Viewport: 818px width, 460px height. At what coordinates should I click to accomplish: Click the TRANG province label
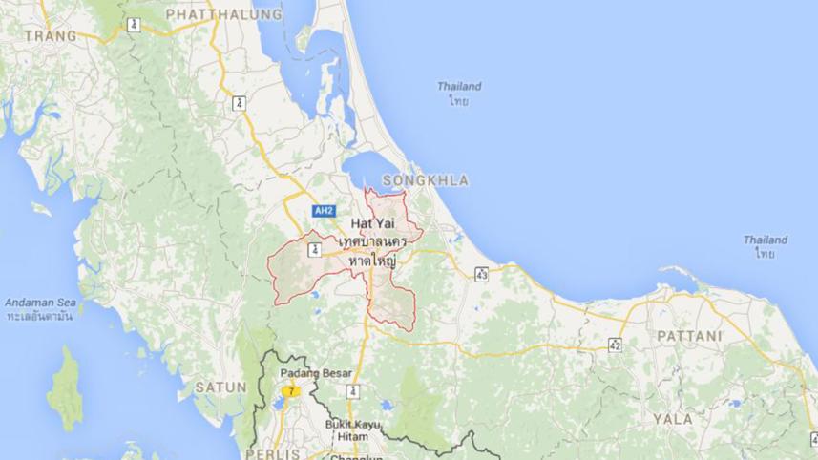(50, 35)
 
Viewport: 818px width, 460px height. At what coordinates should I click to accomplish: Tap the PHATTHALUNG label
(224, 14)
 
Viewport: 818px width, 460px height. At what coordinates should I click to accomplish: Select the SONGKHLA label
(425, 180)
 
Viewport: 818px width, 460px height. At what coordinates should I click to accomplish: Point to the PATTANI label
(689, 336)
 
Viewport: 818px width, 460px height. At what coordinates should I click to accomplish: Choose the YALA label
(673, 418)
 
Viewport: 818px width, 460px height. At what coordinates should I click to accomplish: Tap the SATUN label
(220, 387)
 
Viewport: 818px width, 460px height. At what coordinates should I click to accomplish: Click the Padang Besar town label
(316, 372)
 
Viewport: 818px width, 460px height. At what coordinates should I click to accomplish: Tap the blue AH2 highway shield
(324, 211)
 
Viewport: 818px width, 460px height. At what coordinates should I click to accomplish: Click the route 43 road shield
(481, 275)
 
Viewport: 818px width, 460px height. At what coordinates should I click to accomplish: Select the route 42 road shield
(615, 345)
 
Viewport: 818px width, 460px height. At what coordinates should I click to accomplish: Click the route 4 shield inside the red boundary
(313, 250)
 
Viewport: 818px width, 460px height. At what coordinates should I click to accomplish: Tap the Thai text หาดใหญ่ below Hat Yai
(374, 260)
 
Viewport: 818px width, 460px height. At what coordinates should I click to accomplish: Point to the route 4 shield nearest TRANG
(133, 25)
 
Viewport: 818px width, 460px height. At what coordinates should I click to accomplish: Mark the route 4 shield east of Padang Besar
(353, 391)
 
